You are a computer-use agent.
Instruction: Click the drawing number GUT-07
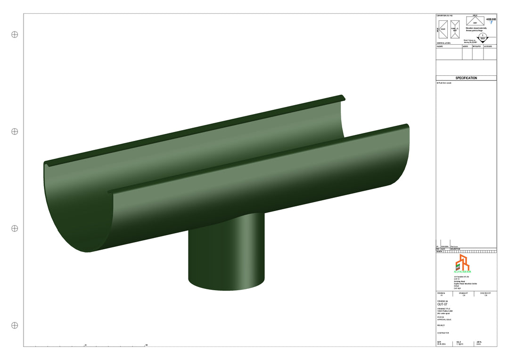coord(443,304)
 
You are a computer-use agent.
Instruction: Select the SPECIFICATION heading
coord(466,78)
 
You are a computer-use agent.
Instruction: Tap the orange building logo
coord(462,262)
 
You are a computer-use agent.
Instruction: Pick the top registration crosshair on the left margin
coord(15,34)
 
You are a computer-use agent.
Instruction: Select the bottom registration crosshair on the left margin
coord(15,326)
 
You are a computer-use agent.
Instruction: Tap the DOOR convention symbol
coord(443,29)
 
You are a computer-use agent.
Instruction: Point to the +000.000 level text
coord(491,19)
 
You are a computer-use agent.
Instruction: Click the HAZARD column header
coord(440,47)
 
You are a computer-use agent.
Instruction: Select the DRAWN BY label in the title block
coord(464,293)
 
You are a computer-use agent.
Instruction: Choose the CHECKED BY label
coord(485,293)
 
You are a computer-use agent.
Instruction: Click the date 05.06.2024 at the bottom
coord(441,344)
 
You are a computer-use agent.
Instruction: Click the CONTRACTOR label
coord(443,333)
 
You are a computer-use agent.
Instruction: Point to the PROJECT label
coord(441,325)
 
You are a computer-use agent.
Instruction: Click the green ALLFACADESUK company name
coord(462,272)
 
